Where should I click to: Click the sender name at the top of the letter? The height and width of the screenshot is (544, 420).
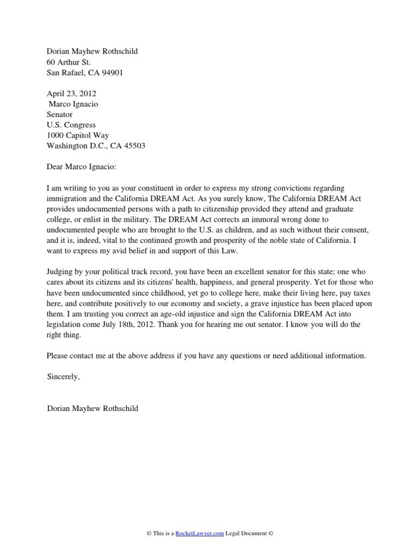click(92, 51)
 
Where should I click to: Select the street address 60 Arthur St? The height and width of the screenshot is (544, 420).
click(68, 62)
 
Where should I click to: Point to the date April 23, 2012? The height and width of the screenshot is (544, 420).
click(71, 94)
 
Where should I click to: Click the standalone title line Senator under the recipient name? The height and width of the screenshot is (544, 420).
click(61, 114)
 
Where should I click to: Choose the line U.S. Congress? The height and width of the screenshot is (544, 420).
click(71, 125)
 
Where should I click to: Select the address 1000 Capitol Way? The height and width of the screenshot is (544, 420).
click(78, 135)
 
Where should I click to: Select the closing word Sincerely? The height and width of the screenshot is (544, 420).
click(63, 377)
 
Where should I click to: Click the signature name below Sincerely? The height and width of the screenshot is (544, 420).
click(92, 408)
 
